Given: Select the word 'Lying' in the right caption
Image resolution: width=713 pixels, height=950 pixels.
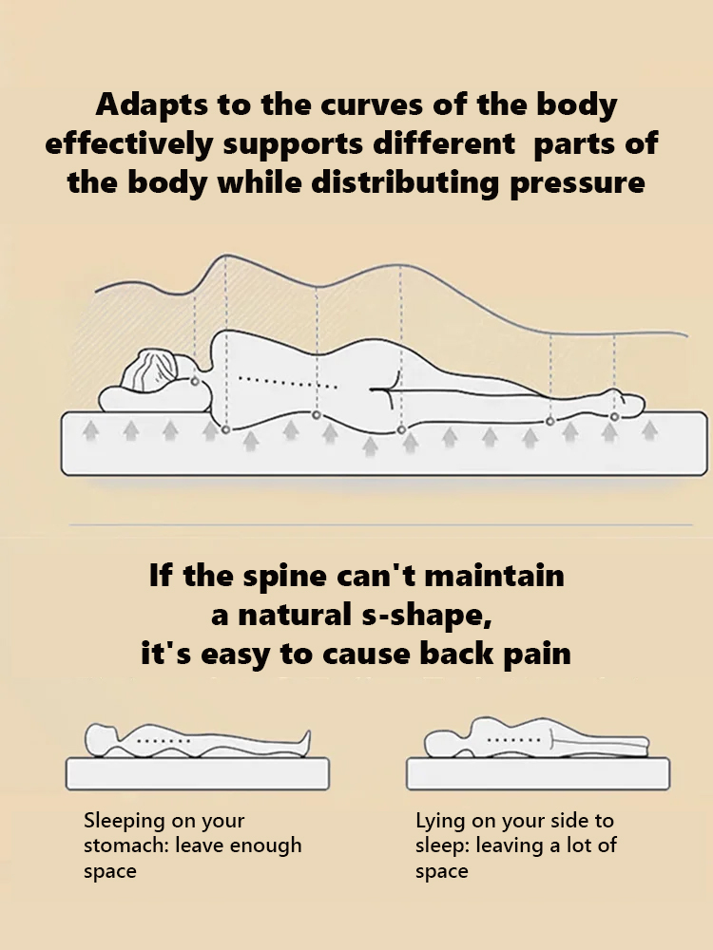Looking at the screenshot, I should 440,821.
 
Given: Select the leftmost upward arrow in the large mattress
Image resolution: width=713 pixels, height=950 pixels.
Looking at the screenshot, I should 91,431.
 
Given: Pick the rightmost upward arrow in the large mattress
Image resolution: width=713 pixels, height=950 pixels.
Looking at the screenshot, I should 650,430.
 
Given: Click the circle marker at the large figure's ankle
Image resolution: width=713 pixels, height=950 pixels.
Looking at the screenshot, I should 615,416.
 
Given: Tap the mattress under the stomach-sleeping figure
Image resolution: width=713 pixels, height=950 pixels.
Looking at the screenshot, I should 198,773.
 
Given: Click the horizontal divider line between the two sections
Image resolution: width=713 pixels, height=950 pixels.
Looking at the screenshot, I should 380,523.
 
